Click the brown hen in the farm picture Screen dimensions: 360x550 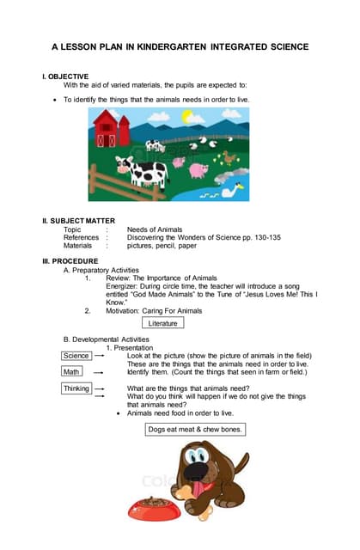230,156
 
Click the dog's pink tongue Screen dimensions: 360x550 204,481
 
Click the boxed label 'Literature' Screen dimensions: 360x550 163,323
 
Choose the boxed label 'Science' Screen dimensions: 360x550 76,355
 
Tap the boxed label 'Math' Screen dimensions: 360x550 71,372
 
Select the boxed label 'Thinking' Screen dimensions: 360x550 77,388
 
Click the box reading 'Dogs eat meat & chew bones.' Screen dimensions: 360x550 195,429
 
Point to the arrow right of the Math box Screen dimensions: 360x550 99,372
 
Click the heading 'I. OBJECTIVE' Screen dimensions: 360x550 65,76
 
